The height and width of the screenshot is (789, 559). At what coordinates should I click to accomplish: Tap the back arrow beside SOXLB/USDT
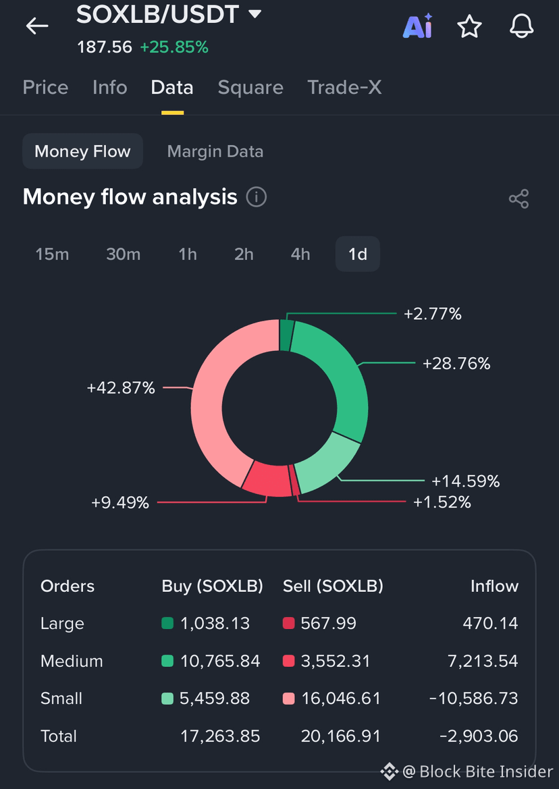click(37, 26)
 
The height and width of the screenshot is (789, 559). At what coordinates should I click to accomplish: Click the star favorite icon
click(469, 26)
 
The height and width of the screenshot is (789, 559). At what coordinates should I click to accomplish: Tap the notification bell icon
click(521, 26)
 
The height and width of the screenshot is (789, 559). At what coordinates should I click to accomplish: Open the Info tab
click(109, 88)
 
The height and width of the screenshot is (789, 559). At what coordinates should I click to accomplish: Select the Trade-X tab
click(345, 88)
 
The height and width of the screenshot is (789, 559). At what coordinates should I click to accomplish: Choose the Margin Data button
click(215, 151)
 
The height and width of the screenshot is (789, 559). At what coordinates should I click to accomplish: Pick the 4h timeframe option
click(300, 254)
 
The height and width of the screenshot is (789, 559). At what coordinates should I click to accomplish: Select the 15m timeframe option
click(53, 254)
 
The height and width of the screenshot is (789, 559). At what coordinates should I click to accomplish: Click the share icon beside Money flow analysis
click(518, 198)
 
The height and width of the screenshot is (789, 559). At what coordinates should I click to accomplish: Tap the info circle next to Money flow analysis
click(256, 197)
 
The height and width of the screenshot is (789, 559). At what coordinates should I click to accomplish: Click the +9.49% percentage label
click(120, 502)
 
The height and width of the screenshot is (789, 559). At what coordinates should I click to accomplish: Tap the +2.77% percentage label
click(433, 314)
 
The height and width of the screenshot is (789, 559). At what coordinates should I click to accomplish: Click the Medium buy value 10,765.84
click(220, 661)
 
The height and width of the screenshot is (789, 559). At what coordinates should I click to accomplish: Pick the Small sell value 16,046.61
click(341, 699)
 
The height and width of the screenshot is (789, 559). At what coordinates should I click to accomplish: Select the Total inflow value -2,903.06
click(479, 736)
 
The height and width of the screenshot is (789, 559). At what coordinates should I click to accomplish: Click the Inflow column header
click(495, 587)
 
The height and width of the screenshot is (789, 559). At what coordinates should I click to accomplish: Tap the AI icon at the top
click(418, 27)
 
